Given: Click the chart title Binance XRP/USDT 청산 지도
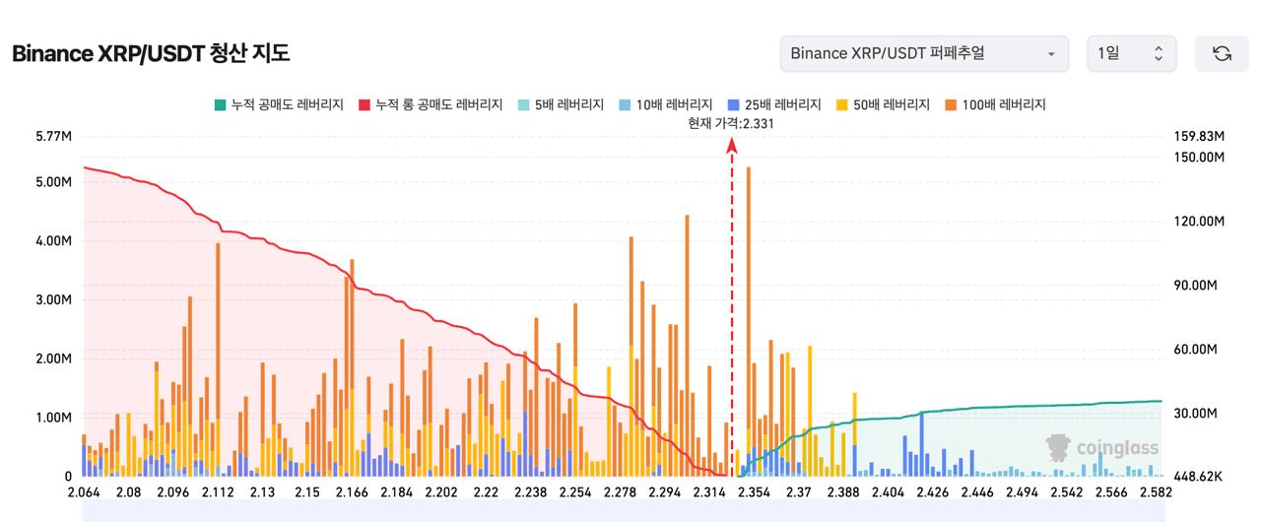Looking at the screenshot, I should click(x=151, y=53).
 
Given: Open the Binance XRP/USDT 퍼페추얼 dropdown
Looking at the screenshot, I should click(x=923, y=53).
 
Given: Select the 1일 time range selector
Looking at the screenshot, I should click(x=1131, y=53).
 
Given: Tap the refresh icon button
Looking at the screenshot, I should click(x=1222, y=53).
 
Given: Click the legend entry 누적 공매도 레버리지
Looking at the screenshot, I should click(x=278, y=104).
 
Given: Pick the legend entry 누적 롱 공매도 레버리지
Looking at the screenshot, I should click(x=431, y=104).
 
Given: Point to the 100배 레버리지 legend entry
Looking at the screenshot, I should click(x=995, y=104).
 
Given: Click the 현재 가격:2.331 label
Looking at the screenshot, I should click(x=730, y=123).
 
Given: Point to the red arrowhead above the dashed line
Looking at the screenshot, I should click(x=732, y=145).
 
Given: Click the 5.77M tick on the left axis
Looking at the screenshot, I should click(x=52, y=136).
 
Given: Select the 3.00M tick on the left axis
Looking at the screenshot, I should click(x=52, y=299).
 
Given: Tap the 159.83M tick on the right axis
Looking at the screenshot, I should click(x=1199, y=136).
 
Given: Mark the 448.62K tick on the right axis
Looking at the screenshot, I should click(x=1198, y=477).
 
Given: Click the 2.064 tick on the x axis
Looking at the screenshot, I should click(x=83, y=491).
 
